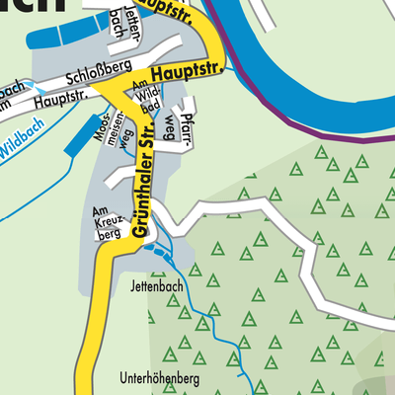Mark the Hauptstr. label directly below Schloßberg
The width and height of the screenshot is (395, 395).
[x=55, y=99]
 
